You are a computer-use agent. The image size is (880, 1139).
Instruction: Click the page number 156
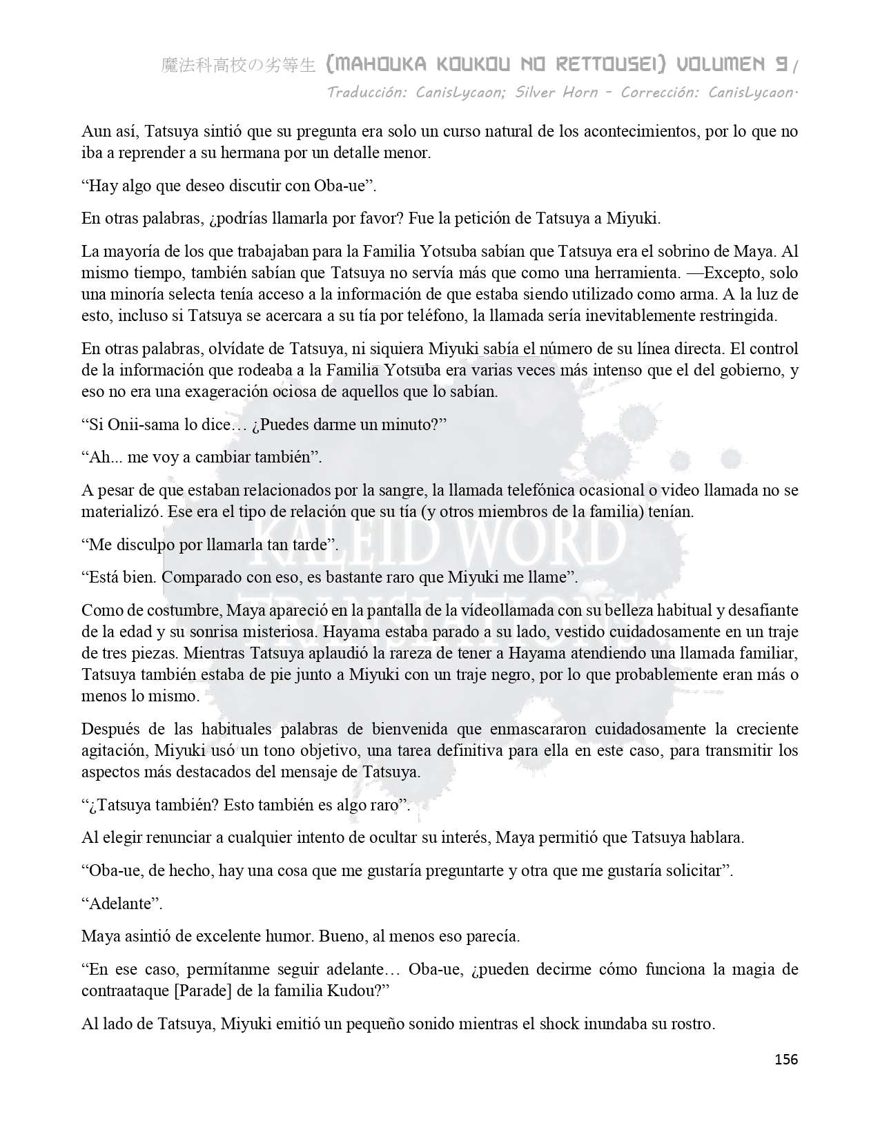[785, 1060]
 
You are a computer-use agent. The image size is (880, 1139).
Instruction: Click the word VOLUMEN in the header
[724, 65]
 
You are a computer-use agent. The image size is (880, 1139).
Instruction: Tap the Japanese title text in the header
[238, 66]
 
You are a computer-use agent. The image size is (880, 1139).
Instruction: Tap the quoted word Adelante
[121, 904]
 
